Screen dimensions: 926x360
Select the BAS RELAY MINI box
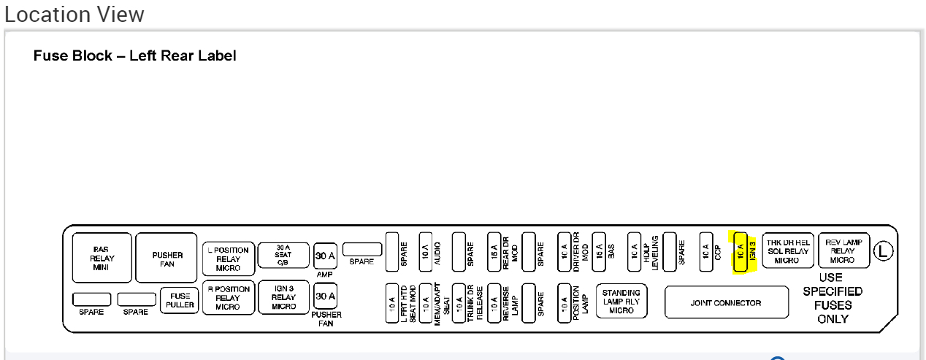click(x=102, y=258)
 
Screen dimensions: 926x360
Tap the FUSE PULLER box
click(x=179, y=299)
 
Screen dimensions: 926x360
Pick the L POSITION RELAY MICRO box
click(x=228, y=259)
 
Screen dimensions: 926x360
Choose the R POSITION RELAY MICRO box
click(x=228, y=299)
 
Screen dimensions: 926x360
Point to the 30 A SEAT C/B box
click(x=284, y=256)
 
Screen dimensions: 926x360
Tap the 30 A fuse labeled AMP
click(x=325, y=255)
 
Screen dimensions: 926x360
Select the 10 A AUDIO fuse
click(x=426, y=252)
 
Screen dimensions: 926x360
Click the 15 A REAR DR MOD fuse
click(x=494, y=252)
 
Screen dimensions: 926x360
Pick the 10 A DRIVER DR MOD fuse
click(x=564, y=252)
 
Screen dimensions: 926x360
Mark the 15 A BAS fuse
click(x=599, y=252)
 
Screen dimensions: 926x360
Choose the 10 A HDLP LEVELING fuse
click(x=634, y=252)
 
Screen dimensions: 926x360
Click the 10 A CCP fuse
click(x=705, y=252)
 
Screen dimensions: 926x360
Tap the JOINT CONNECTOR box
click(x=726, y=303)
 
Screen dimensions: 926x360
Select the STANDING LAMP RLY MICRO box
click(x=621, y=302)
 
